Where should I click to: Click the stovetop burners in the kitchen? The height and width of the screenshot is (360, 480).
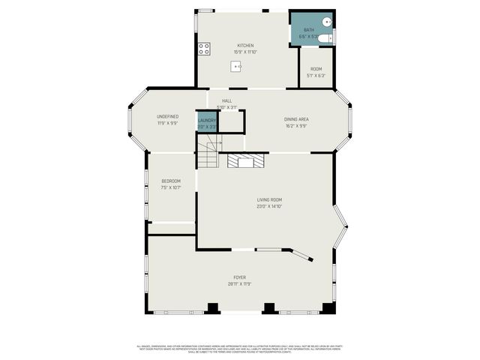click(x=203, y=49)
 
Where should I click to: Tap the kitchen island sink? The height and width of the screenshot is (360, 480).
click(x=237, y=67)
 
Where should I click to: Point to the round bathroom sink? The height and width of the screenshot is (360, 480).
click(x=327, y=22)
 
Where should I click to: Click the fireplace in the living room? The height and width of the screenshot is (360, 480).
click(x=247, y=160)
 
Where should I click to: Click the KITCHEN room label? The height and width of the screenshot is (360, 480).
click(x=246, y=45)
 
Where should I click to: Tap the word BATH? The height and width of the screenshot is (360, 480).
click(x=309, y=30)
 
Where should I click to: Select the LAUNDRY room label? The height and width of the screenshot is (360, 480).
click(x=207, y=120)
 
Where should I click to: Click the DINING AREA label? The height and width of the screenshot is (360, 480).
click(x=296, y=118)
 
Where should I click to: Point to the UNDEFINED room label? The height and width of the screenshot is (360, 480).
click(x=167, y=116)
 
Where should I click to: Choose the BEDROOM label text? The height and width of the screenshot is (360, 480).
click(x=171, y=181)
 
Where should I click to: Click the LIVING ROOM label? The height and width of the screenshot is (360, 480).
click(x=269, y=199)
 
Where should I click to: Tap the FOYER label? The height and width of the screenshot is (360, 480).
click(x=239, y=277)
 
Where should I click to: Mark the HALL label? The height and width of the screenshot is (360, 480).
click(x=226, y=100)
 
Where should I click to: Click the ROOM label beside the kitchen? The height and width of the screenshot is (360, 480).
click(x=316, y=69)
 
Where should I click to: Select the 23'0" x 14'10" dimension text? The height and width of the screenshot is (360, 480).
click(x=269, y=205)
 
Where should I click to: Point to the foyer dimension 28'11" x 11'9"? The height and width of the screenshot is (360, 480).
click(x=239, y=284)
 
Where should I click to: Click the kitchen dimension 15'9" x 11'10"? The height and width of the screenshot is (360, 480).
click(x=246, y=52)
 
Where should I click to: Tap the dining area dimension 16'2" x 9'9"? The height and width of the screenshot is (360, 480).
click(x=296, y=125)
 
